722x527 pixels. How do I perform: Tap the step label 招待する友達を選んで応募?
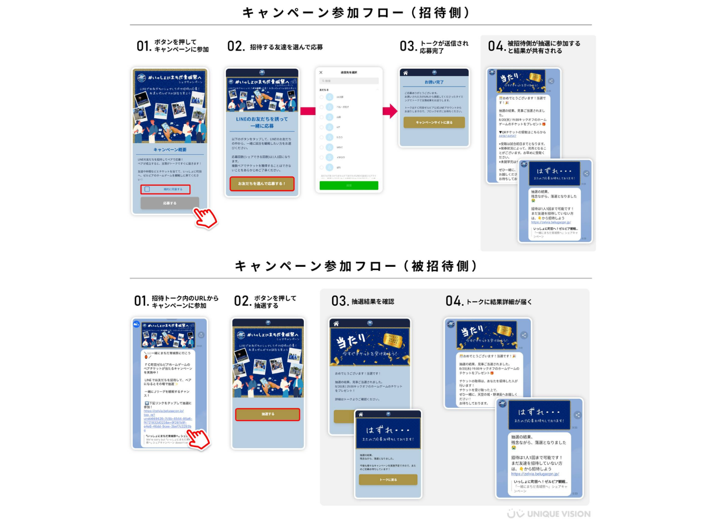(x=286, y=47)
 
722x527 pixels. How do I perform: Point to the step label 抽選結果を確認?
(x=372, y=302)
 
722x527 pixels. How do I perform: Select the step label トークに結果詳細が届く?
(x=499, y=302)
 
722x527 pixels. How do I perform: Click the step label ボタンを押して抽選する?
(x=275, y=302)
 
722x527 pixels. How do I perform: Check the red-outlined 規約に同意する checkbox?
(x=147, y=189)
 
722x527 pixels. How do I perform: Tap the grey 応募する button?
(x=169, y=204)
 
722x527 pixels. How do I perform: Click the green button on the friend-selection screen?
(x=349, y=185)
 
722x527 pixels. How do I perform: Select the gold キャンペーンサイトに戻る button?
(x=434, y=123)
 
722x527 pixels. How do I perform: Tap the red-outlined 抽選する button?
(x=268, y=414)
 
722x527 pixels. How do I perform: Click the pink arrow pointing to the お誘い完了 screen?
(x=390, y=111)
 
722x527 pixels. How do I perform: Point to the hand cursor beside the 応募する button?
(x=205, y=217)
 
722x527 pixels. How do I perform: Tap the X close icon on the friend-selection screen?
(x=321, y=73)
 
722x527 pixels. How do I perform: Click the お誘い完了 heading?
(x=434, y=82)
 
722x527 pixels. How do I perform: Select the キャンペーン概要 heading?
(x=169, y=150)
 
